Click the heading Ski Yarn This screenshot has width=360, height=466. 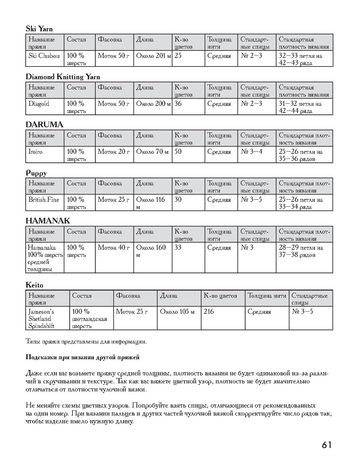(x=39, y=29)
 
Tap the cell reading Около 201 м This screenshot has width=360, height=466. (x=153, y=56)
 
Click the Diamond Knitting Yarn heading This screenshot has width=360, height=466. (x=63, y=77)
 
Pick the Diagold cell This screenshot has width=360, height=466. (x=39, y=104)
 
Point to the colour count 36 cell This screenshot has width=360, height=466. (x=178, y=104)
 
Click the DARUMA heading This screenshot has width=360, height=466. (x=44, y=125)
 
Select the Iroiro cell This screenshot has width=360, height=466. (x=35, y=152)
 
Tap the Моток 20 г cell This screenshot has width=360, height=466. (x=113, y=152)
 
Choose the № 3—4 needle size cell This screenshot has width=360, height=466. (x=251, y=152)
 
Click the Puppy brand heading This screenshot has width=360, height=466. (x=36, y=173)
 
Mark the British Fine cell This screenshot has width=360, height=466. (x=44, y=200)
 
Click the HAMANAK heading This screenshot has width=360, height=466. (x=48, y=221)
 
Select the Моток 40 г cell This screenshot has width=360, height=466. (x=113, y=248)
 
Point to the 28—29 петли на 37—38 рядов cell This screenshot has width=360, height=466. (x=300, y=251)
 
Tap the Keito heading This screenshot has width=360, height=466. (x=34, y=285)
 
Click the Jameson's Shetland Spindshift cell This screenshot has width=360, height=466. (x=41, y=318)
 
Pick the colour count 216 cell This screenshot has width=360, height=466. (x=209, y=312)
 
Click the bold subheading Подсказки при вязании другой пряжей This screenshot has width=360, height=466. (x=83, y=357)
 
